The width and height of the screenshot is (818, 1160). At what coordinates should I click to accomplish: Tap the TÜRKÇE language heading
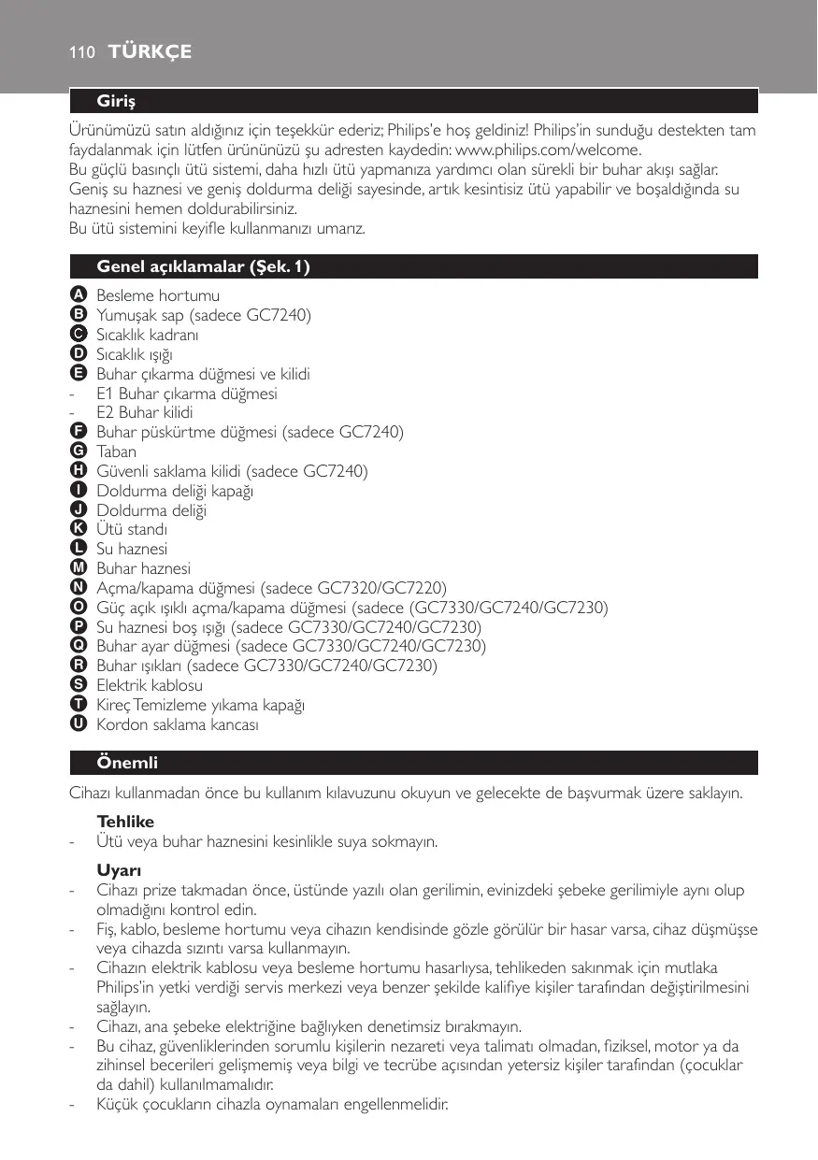point(150,52)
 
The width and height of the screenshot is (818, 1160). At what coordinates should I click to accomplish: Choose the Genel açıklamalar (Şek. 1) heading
point(204,267)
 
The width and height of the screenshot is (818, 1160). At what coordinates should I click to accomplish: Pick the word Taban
point(117,451)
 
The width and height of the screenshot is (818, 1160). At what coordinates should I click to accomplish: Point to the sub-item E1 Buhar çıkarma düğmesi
point(187,394)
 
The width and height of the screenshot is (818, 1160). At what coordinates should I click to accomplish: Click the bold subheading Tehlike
point(125,822)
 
